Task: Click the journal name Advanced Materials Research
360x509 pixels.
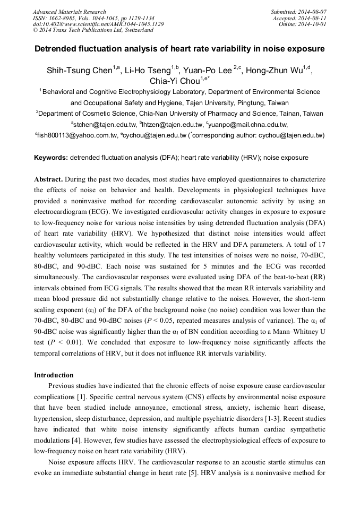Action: coord(69,12)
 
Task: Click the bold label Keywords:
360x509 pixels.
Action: coord(51,158)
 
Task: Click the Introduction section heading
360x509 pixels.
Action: coord(54,375)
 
